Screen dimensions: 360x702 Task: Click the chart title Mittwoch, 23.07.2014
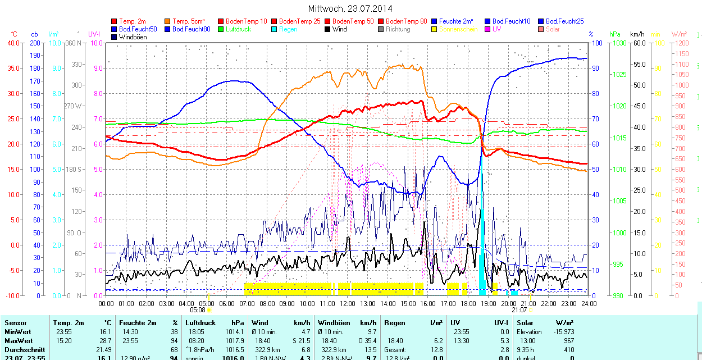[350, 8]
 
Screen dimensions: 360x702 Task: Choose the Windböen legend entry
[131, 37]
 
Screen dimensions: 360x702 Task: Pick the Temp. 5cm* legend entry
[188, 21]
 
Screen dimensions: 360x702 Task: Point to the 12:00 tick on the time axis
[347, 303]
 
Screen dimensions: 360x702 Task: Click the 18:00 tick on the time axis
[468, 303]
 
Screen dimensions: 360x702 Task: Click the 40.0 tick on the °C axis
[12, 43]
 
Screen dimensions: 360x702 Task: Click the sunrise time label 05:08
[198, 309]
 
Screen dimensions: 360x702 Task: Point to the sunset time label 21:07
[519, 309]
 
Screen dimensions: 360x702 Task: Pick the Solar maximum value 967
[569, 341]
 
